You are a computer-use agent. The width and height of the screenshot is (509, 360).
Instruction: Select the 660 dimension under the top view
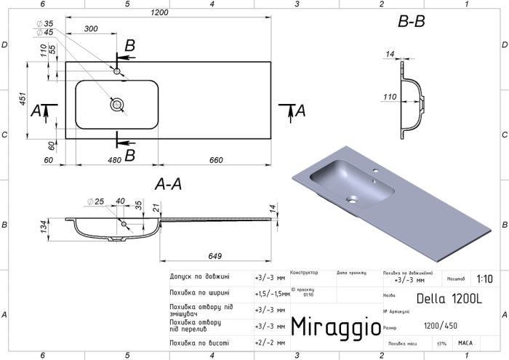(216, 160)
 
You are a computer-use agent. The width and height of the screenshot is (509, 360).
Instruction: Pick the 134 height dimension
(44, 228)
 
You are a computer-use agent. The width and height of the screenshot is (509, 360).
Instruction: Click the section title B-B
(411, 22)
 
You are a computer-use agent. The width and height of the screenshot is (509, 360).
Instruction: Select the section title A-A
(168, 186)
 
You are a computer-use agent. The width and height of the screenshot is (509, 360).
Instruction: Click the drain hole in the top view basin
(117, 105)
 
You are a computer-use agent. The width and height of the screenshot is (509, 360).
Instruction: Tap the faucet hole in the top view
(117, 71)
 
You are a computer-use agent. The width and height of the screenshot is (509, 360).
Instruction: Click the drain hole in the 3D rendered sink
(353, 197)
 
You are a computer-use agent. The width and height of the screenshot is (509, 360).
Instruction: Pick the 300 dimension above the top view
(91, 29)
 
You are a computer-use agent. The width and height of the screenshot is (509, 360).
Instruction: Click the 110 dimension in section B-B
(390, 96)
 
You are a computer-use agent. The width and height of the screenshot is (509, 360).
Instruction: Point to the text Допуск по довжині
(199, 277)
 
